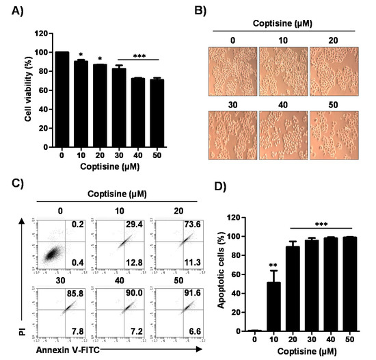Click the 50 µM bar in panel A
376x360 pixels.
click(x=157, y=110)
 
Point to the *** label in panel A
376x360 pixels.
click(x=139, y=55)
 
